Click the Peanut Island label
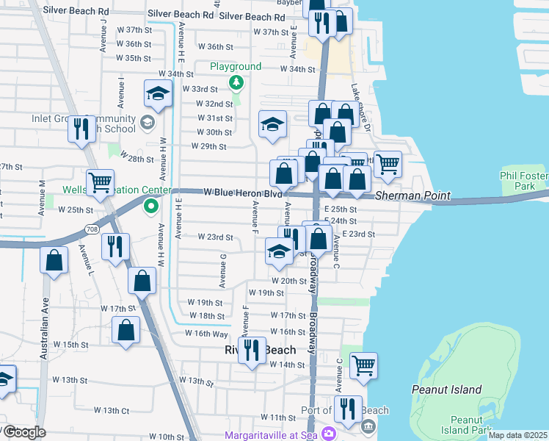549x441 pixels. pyautogui.click(x=447, y=390)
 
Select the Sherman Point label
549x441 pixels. pyautogui.click(x=410, y=197)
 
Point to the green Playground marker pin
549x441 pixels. pyautogui.click(x=236, y=82)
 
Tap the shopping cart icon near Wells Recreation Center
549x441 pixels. pyautogui.click(x=100, y=181)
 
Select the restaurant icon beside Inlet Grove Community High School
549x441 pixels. pyautogui.click(x=81, y=129)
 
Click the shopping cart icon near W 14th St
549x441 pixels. pyautogui.click(x=363, y=365)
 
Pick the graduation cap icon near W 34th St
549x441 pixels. pyautogui.click(x=158, y=94)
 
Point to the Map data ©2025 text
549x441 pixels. pyautogui.click(x=517, y=435)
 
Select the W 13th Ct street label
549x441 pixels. pyautogui.click(x=112, y=410)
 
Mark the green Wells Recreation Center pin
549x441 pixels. pyautogui.click(x=151, y=207)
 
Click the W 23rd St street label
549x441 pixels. pyautogui.click(x=215, y=237)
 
